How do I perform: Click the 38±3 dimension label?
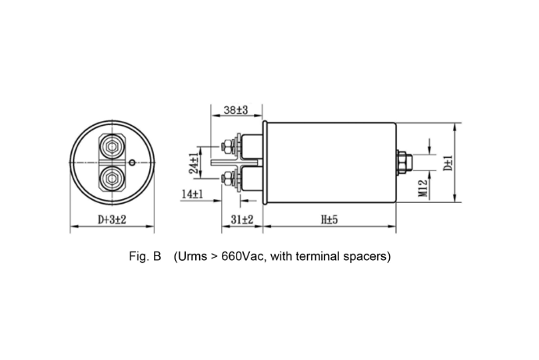(x=236, y=110)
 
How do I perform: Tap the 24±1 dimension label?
(x=195, y=163)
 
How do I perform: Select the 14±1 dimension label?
(x=192, y=194)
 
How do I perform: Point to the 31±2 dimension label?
(x=242, y=219)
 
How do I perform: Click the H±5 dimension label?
(x=330, y=219)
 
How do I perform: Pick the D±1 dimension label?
(x=448, y=163)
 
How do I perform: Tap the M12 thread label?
(x=423, y=188)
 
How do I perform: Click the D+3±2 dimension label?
(x=112, y=219)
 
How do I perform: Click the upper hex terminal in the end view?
(x=112, y=147)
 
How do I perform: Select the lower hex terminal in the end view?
(x=112, y=178)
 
